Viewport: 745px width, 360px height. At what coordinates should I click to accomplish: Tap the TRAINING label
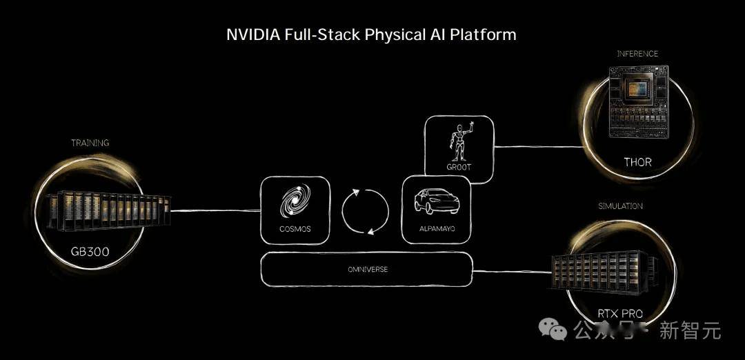[x=90, y=143]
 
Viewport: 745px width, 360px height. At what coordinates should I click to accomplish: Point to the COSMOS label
[x=295, y=228]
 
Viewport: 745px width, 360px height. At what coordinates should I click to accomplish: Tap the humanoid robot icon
[x=459, y=142]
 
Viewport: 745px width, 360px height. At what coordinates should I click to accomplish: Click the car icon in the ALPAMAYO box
[x=435, y=202]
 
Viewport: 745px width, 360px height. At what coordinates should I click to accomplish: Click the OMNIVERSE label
[x=368, y=269]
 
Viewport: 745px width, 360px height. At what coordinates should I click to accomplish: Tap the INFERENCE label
[x=637, y=54]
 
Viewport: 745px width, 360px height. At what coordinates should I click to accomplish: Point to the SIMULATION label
[x=620, y=206]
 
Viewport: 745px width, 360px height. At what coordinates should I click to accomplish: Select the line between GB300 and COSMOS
[x=215, y=210]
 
